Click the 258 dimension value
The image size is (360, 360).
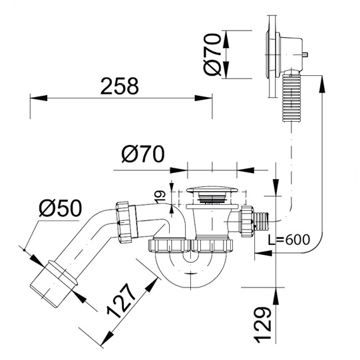120,86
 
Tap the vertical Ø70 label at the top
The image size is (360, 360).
212,55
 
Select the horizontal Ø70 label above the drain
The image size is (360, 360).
143,154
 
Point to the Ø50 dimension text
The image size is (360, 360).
60,208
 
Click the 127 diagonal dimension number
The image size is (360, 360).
121,301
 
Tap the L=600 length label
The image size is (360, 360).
289,240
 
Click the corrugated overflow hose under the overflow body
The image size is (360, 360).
291,97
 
